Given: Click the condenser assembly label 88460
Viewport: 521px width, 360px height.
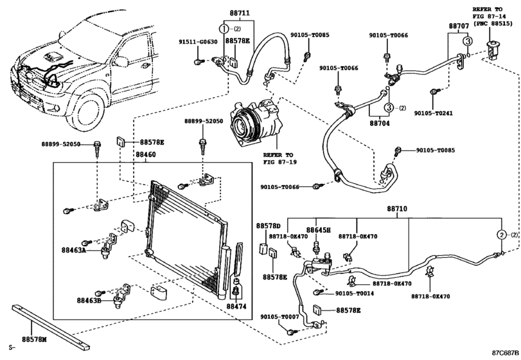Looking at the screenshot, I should [x=145, y=155].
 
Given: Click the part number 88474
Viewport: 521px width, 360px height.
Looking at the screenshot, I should [x=236, y=308].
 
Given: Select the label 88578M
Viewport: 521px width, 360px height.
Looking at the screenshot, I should [x=35, y=338].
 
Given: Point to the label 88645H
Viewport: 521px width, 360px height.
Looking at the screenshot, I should [x=318, y=230].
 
